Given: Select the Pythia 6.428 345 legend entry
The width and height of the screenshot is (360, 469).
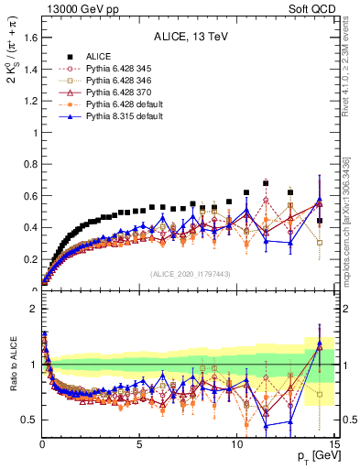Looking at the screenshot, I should (115, 70).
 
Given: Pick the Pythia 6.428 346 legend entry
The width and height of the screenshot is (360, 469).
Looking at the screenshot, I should (115, 82).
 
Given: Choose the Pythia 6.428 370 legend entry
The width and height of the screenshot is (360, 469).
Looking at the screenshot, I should (115, 93).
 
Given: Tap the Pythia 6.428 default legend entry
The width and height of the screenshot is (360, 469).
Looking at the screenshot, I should (118, 105).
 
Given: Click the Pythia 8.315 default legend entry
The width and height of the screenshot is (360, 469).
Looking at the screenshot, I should (118, 117).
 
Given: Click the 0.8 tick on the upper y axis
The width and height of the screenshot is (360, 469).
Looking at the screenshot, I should (30, 164).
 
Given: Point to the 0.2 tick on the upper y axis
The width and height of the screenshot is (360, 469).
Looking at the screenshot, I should (30, 258).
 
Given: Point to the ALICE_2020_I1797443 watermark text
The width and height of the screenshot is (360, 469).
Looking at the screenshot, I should (190, 274).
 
